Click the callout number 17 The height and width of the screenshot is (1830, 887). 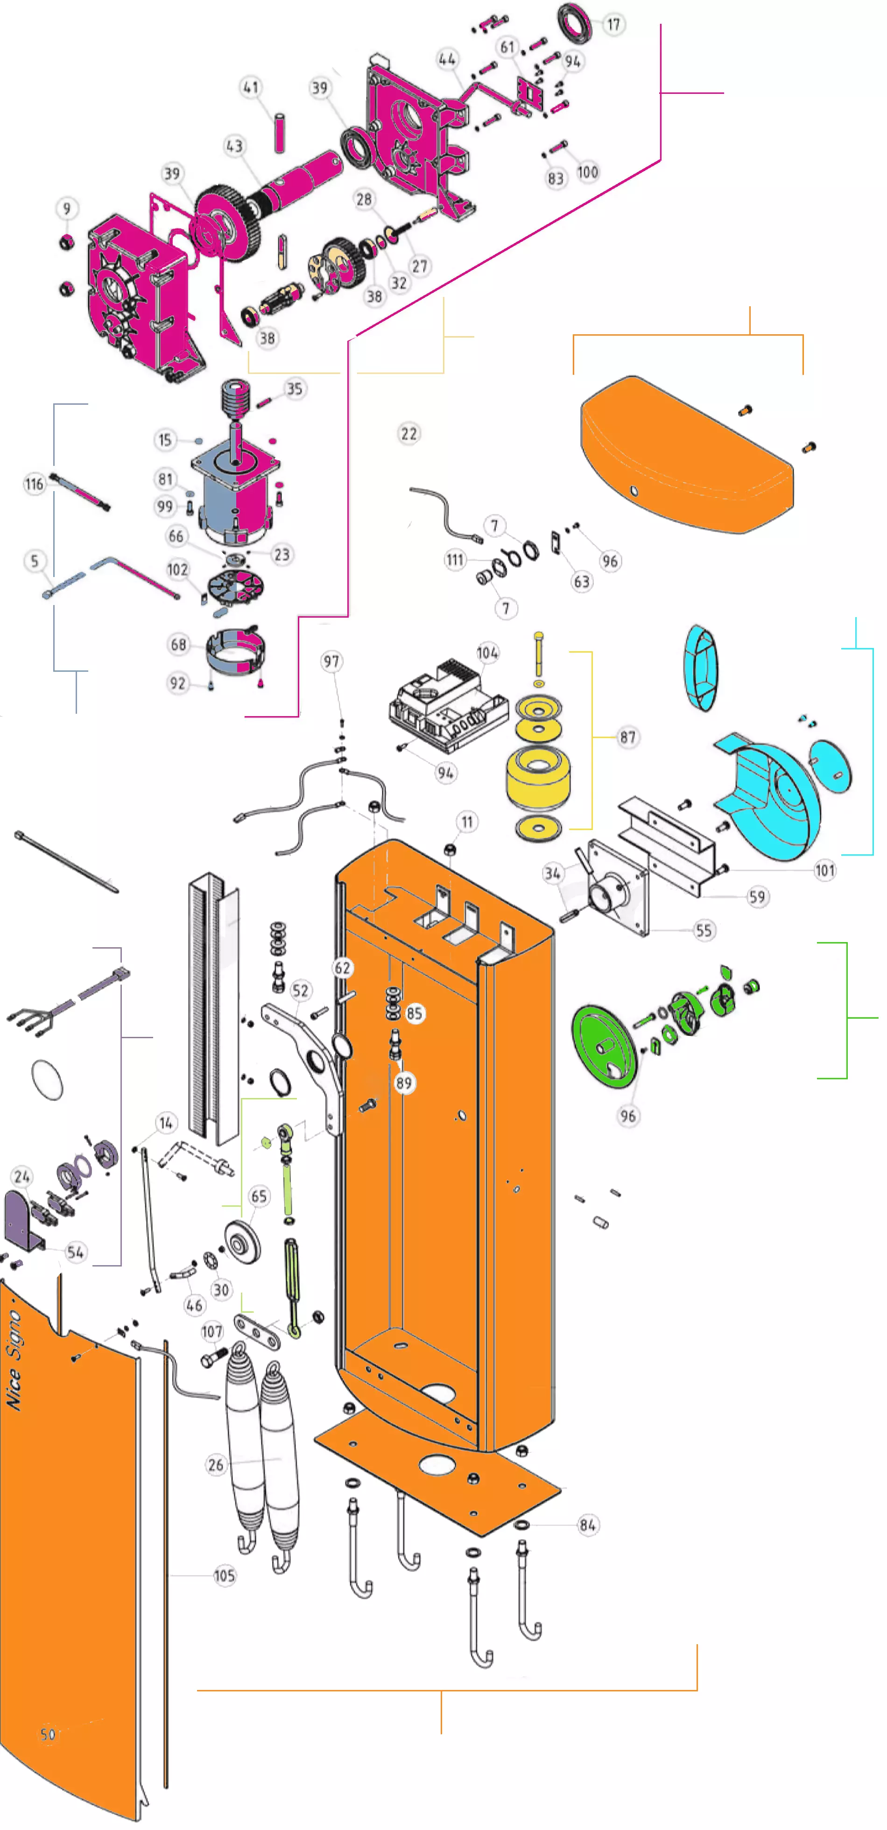click(x=613, y=25)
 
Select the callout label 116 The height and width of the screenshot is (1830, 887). click(x=34, y=485)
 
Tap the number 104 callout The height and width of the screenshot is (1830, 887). click(x=487, y=653)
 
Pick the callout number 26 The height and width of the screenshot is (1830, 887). click(x=216, y=1465)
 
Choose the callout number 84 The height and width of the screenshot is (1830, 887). click(x=587, y=1525)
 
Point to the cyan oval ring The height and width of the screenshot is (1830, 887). click(x=701, y=668)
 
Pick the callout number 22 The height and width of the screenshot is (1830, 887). click(x=409, y=433)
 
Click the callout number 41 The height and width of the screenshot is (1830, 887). click(x=251, y=87)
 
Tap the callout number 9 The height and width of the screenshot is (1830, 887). click(x=67, y=208)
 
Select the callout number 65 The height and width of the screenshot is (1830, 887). click(x=259, y=1197)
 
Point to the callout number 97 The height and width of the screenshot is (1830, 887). click(x=331, y=662)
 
